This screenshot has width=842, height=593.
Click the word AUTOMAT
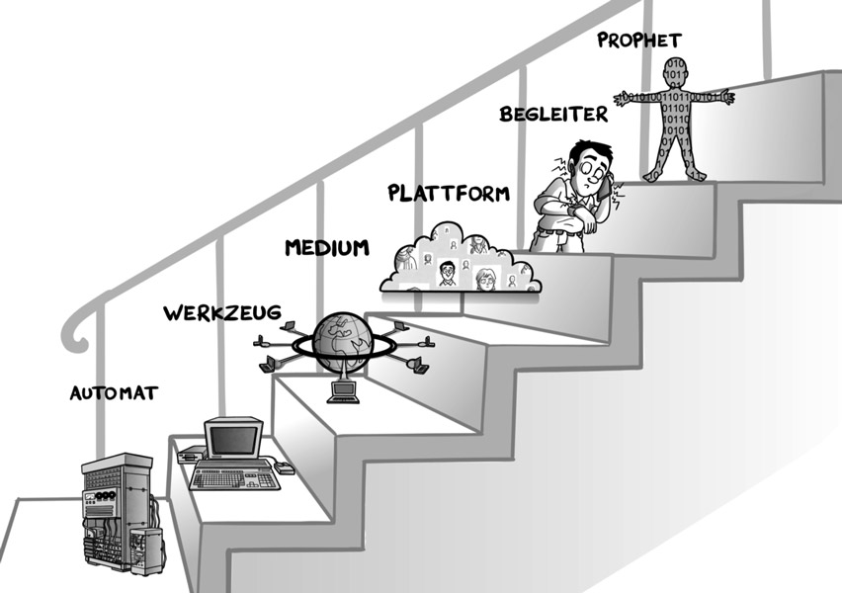click(x=114, y=392)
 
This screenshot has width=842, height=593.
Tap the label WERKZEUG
click(x=221, y=313)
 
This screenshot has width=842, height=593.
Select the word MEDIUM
click(x=327, y=247)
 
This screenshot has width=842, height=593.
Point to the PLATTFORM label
click(x=449, y=192)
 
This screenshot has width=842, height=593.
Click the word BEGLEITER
click(x=551, y=114)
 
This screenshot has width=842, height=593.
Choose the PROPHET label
click(x=639, y=41)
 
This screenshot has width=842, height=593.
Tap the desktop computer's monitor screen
click(x=231, y=439)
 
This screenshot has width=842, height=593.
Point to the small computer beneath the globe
click(x=342, y=391)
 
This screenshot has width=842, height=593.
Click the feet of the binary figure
click(x=676, y=175)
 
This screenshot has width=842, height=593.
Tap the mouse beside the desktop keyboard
click(x=285, y=468)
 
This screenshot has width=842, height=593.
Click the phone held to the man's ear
click(x=609, y=180)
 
